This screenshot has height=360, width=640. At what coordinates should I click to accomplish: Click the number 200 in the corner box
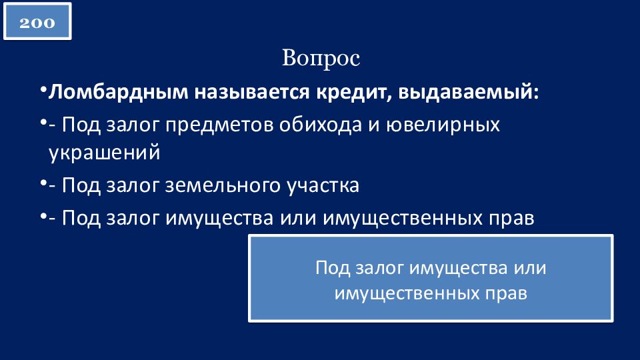pos(37,23)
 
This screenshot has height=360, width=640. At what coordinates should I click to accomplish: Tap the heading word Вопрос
pos(321,59)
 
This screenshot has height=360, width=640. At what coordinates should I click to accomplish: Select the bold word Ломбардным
pos(119,92)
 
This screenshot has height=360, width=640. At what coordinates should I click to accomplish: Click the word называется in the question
pos(252,92)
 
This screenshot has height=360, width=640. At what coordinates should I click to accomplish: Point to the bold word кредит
pos(354,92)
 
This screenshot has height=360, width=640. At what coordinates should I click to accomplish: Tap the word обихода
pos(321,125)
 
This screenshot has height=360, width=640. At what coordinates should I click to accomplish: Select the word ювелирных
pos(443,125)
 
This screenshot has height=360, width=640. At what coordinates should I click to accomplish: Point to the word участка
pos(323,186)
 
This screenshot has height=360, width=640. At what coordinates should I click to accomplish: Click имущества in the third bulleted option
pos(219,219)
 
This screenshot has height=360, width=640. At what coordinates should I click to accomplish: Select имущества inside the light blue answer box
pos(458,268)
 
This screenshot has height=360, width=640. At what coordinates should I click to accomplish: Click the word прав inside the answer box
pos(506,293)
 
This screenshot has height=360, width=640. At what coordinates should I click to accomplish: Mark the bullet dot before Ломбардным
pos(43,89)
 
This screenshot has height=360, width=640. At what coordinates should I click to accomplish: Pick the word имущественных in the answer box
pos(407,293)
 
